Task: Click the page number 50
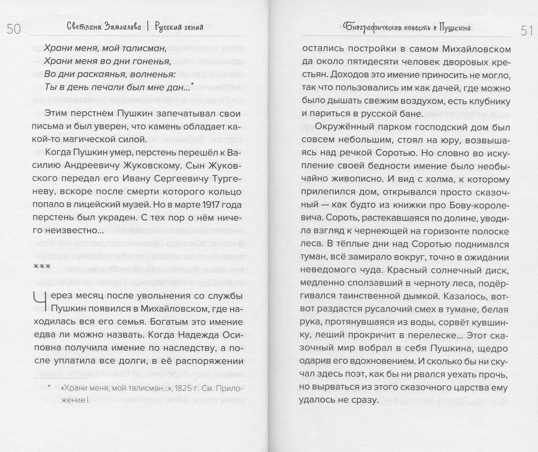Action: [14, 29]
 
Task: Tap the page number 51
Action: [527, 31]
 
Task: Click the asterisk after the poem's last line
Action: [192, 84]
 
